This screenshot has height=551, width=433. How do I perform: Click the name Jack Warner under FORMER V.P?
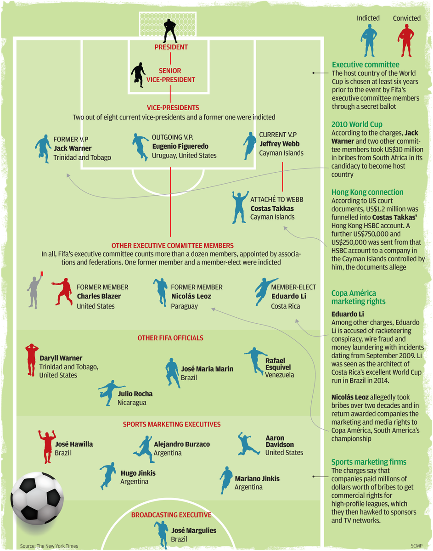coord(73,148)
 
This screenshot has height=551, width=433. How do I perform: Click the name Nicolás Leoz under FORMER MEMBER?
coord(191,296)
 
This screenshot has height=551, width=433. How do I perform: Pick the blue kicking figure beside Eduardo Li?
coord(265,292)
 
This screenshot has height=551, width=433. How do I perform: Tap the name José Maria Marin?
coord(207,369)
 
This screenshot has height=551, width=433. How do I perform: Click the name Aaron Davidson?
coord(275,441)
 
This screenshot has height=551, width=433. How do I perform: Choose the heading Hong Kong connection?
coord(367,192)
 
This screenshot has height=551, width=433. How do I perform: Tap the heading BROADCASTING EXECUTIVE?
coord(171,515)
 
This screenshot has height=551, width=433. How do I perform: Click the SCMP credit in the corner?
coord(416,546)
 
